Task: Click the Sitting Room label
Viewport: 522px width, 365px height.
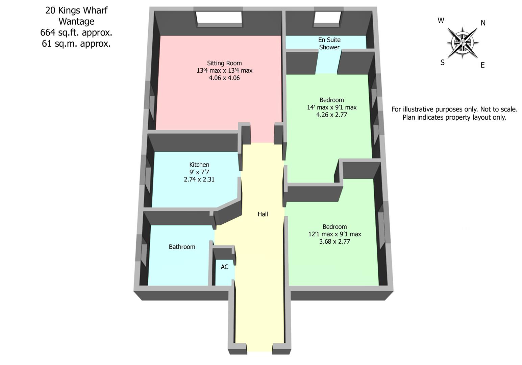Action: (224, 63)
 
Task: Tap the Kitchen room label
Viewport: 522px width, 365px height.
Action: (199, 165)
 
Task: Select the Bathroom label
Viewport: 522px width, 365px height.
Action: (182, 247)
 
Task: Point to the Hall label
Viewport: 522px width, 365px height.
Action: (263, 214)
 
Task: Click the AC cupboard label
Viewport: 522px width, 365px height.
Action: (224, 267)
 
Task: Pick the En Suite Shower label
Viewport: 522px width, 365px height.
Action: (329, 44)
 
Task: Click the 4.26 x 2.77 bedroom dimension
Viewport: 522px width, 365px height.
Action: (331, 115)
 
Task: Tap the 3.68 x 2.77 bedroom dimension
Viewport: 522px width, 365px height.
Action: (334, 242)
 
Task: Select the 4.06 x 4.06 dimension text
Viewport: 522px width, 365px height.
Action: (224, 78)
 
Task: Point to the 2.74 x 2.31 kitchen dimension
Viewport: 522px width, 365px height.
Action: (199, 179)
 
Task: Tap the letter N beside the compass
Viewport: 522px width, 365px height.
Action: (483, 23)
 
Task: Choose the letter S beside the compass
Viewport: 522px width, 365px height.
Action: (442, 63)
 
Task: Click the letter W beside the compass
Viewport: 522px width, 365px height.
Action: (441, 21)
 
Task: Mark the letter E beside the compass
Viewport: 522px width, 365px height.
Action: (482, 65)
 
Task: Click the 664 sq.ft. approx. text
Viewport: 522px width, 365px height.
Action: (76, 33)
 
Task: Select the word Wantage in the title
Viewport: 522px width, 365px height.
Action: (76, 22)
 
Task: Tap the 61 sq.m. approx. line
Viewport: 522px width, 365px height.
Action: (76, 44)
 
